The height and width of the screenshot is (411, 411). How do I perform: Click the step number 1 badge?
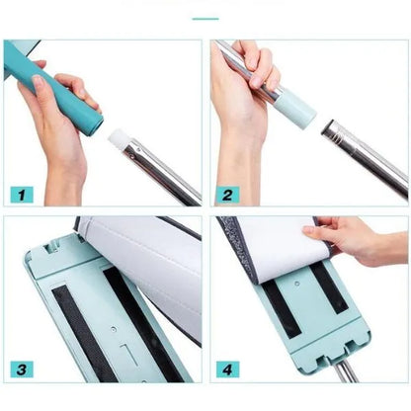[22, 195]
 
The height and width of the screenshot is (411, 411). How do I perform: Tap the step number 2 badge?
[227, 195]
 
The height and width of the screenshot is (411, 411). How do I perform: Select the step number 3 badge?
[22, 370]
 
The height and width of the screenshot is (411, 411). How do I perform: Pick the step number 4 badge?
[227, 370]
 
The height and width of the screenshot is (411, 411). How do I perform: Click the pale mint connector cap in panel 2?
[295, 112]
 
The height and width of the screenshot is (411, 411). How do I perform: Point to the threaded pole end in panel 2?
[334, 132]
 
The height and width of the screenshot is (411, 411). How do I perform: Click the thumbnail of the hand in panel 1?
[39, 81]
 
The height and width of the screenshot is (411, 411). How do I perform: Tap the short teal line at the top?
[205, 19]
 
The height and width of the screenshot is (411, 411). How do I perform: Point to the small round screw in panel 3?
[114, 329]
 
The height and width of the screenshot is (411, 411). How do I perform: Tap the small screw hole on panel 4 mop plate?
[297, 284]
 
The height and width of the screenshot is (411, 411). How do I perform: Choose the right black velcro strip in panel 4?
[329, 288]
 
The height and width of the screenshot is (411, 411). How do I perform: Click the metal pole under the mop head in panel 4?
[347, 371]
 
